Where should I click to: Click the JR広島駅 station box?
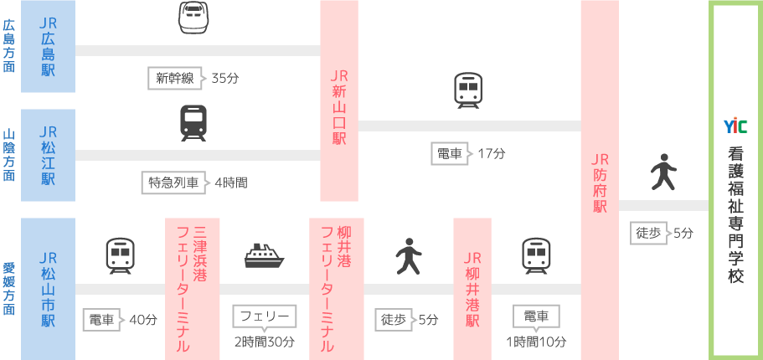[48, 46]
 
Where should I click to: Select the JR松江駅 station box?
[48, 155]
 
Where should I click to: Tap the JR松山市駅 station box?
[48, 287]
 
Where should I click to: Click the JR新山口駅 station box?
[339, 100]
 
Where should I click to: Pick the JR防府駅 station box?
[600, 180]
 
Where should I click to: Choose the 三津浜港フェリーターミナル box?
[192, 287]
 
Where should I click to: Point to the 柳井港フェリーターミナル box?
[336, 287]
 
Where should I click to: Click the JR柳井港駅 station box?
[472, 287]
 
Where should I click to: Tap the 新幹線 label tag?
[175, 78]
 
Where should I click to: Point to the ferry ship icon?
[265, 255]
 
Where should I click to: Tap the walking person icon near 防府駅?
[663, 172]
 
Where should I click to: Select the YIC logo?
[735, 126]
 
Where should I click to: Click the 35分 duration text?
[225, 78]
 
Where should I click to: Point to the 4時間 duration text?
[231, 183]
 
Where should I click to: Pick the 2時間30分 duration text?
[264, 342]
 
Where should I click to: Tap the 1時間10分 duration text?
[536, 342]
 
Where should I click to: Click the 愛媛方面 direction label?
[9, 288]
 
